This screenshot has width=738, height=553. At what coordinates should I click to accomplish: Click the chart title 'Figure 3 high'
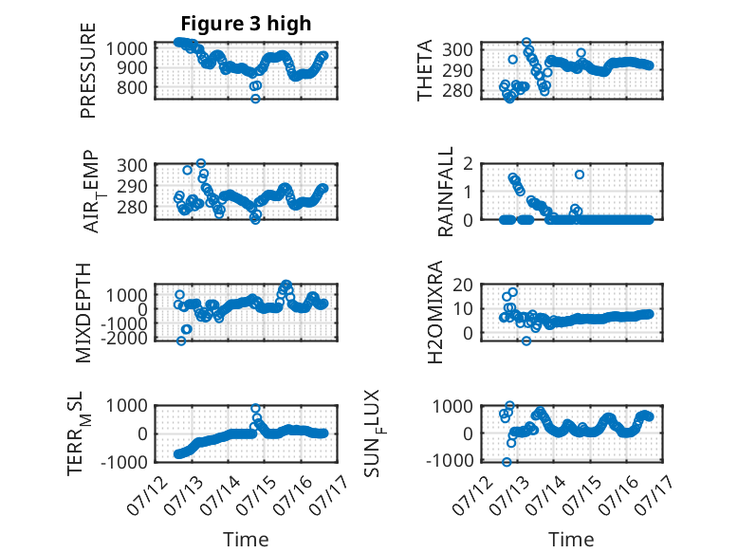tap(246, 24)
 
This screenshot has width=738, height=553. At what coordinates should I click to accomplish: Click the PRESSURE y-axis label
tap(88, 70)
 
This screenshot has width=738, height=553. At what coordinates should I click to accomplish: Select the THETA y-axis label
tap(425, 70)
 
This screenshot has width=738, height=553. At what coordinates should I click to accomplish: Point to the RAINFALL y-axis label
tap(445, 192)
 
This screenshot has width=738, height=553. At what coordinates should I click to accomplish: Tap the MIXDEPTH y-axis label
tap(83, 313)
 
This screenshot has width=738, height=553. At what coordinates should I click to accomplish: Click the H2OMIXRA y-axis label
tap(435, 312)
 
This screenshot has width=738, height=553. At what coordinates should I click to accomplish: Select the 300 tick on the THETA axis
tap(457, 49)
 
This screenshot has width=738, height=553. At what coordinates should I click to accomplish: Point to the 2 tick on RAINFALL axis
tap(468, 164)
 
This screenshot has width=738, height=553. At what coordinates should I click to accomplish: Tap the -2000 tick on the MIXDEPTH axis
tap(124, 338)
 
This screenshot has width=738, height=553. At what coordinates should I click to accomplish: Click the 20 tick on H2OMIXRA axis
tap(463, 285)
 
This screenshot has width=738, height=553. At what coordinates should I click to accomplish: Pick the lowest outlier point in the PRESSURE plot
tap(255, 99)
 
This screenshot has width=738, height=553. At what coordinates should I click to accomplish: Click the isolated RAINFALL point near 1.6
tap(580, 175)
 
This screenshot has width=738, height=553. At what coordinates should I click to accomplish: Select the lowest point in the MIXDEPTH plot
tap(181, 341)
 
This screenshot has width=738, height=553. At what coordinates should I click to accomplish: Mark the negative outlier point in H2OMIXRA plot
tap(526, 341)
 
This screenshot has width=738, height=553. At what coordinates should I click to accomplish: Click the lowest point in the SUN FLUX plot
tap(507, 462)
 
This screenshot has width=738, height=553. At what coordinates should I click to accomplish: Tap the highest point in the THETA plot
tap(526, 43)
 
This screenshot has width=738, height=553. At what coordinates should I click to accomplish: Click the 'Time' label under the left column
tap(246, 540)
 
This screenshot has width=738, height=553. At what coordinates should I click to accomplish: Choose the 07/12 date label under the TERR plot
tap(147, 494)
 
